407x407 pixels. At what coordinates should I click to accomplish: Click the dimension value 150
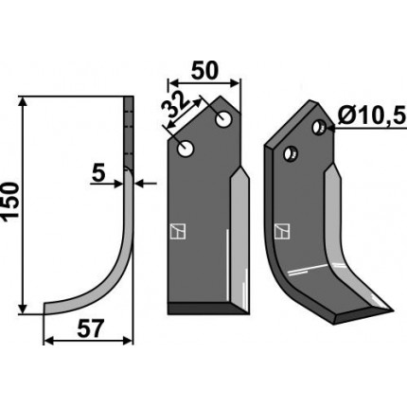click(x=10, y=202)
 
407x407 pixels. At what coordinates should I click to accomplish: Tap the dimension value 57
click(x=90, y=328)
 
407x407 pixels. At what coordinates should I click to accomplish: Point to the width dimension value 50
click(x=204, y=70)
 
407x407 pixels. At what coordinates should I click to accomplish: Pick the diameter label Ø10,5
click(x=371, y=116)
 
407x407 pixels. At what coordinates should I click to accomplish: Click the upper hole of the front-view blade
click(x=223, y=119)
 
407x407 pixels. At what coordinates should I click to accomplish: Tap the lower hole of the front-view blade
click(x=186, y=148)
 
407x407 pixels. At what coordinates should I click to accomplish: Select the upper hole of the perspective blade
click(x=318, y=127)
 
